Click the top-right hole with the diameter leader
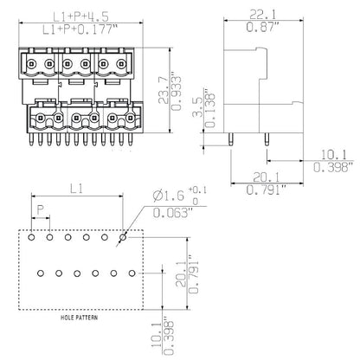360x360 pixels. click(x=123, y=235)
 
